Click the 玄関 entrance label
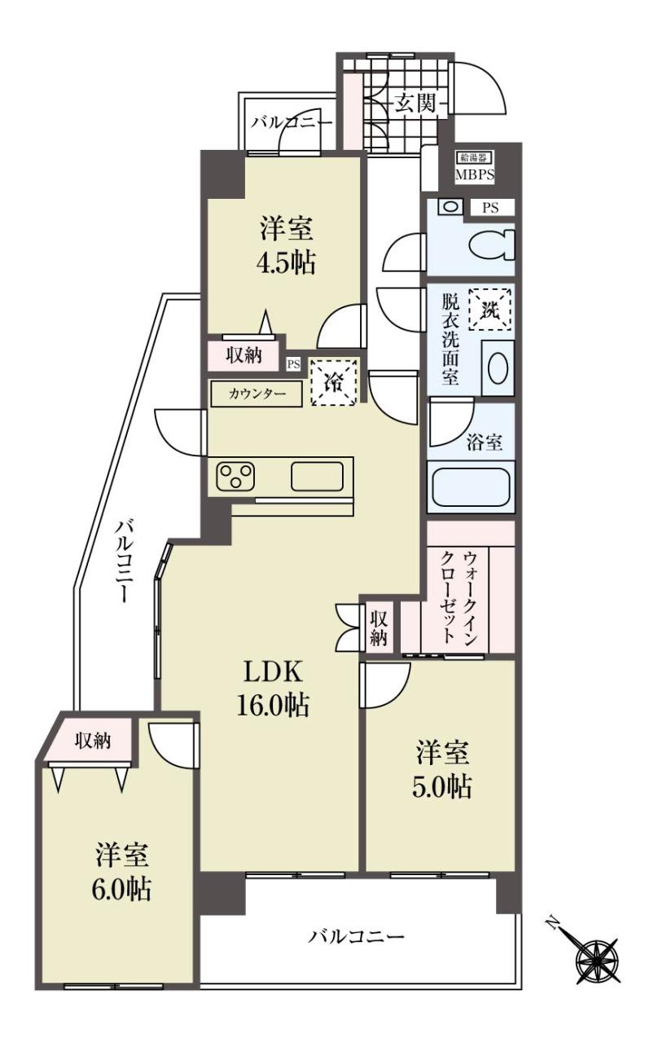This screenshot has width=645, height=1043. coord(415,103)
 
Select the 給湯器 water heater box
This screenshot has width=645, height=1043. coord(473,157)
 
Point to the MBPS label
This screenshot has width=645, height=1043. coord(474,176)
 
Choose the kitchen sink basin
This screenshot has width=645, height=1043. coord(317,477)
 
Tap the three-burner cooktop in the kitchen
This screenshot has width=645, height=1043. coord(235,476)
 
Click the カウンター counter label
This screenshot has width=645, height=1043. coord(257,394)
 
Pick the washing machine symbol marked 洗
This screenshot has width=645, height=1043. coord(489,310)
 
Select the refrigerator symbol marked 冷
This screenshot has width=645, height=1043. coord(335,382)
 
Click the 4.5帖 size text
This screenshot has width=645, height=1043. coord(286,262)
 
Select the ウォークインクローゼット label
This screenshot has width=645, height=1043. coord(459,597)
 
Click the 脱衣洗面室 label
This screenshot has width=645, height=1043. coord(450,340)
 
